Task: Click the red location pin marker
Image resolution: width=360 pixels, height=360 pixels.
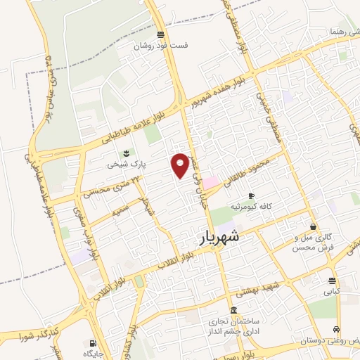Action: [181, 165]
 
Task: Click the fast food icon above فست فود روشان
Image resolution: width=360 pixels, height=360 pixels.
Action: [161, 34]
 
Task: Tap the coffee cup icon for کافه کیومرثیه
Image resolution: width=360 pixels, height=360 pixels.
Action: [251, 195]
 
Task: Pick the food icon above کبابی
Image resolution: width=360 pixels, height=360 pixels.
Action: [331, 280]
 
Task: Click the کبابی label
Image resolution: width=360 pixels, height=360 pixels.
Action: [331, 290]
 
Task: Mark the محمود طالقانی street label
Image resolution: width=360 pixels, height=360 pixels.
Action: [268, 168]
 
